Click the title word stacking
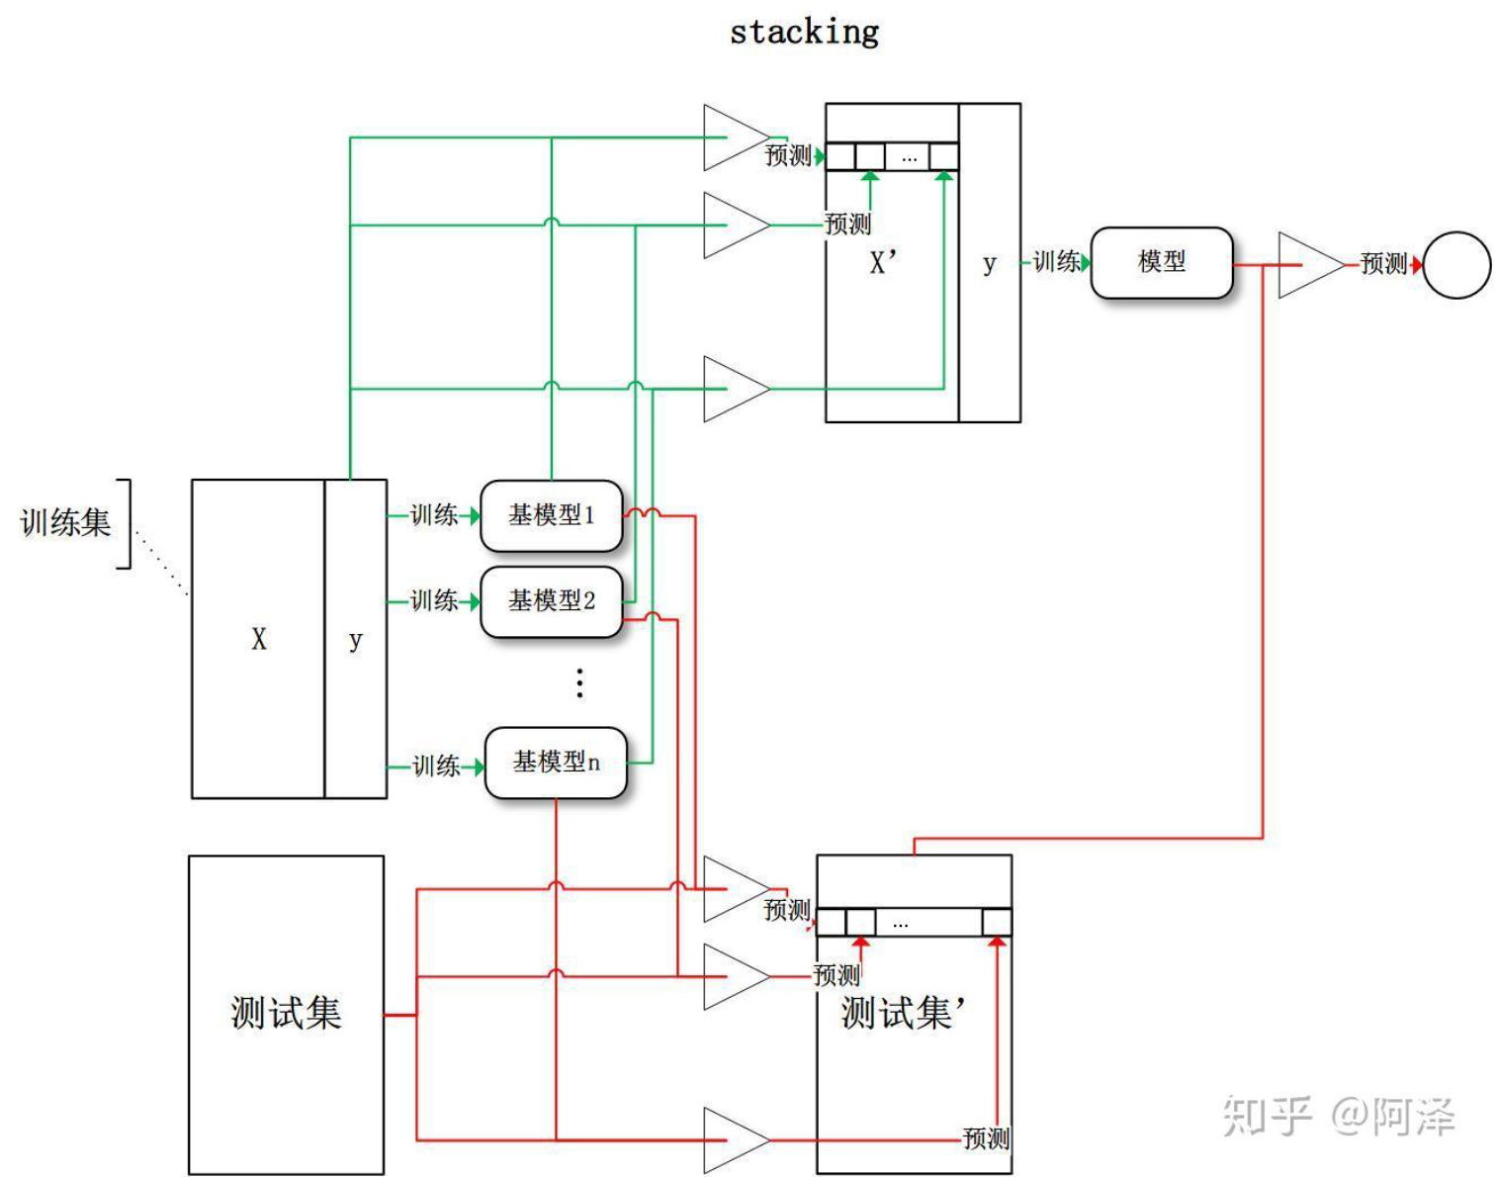804,32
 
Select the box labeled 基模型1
551,515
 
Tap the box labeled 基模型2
551,601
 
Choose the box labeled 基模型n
556,763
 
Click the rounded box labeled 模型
1162,262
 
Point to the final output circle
1456,265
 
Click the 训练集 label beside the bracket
65,523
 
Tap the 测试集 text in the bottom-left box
286,1013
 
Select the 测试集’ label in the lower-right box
903,1013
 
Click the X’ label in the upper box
883,263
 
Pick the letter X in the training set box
259,639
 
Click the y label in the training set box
355,640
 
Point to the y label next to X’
990,264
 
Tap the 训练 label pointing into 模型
1056,262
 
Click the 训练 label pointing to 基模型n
436,766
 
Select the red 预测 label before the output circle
1383,264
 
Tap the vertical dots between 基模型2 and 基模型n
579,682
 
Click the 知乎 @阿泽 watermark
1339,1116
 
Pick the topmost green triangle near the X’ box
737,137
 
